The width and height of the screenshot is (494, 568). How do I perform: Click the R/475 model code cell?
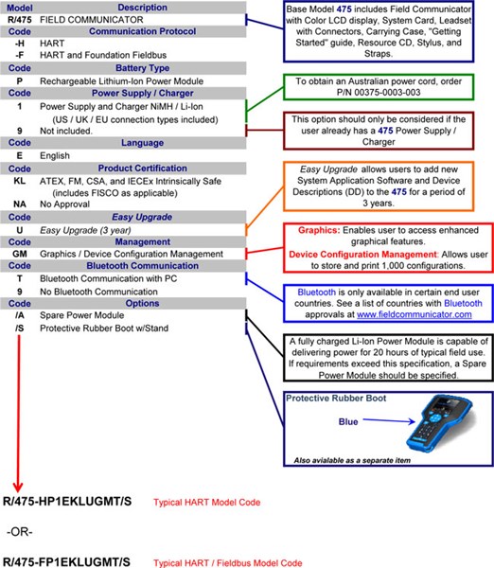click(20, 20)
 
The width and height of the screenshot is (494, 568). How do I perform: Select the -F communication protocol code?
click(20, 55)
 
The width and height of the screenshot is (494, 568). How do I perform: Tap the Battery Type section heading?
click(142, 68)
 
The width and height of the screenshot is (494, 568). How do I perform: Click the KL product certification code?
click(20, 181)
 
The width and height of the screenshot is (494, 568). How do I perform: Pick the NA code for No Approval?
click(20, 204)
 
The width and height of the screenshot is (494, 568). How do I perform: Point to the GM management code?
click(20, 254)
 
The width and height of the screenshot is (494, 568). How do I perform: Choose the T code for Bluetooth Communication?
click(20, 278)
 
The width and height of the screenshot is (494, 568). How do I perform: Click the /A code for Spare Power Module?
click(20, 315)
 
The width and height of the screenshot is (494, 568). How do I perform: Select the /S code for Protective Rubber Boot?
click(20, 328)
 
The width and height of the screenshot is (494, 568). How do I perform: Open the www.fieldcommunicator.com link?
click(414, 314)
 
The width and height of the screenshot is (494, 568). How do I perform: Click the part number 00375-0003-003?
click(387, 92)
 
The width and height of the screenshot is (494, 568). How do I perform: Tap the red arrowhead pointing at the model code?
click(18, 487)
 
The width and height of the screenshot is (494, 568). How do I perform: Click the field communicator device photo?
click(440, 423)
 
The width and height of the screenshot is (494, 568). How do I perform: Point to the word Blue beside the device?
click(348, 421)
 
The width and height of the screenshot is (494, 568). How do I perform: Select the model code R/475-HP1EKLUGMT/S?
click(67, 502)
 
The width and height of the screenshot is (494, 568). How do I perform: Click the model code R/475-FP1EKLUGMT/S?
click(66, 561)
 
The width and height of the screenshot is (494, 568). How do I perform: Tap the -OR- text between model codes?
click(20, 532)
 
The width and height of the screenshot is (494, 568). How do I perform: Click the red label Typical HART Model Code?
click(207, 503)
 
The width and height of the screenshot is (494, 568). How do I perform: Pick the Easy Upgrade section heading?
click(142, 217)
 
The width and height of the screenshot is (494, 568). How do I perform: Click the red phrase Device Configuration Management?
click(362, 255)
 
